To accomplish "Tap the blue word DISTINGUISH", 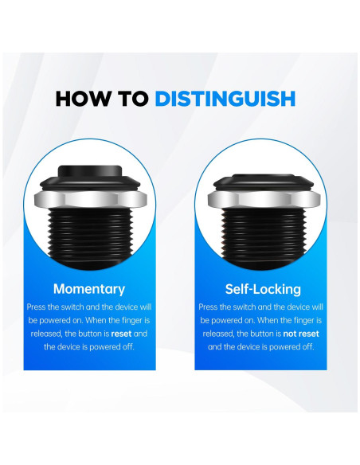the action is (x=225, y=99).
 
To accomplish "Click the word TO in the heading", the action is (x=133, y=99).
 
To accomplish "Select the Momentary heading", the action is (x=89, y=289).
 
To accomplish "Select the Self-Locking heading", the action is (x=263, y=289).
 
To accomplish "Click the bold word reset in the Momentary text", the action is (x=121, y=334).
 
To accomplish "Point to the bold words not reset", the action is (x=301, y=334).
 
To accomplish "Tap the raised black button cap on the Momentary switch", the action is (x=90, y=171).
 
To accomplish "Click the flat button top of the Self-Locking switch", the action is (x=263, y=177).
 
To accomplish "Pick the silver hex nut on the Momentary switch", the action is (x=91, y=199).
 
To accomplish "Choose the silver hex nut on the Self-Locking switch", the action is (x=264, y=199).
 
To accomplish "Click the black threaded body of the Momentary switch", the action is (x=90, y=238).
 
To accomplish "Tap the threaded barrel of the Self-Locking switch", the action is (x=264, y=238).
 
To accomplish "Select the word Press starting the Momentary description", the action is (x=37, y=307).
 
